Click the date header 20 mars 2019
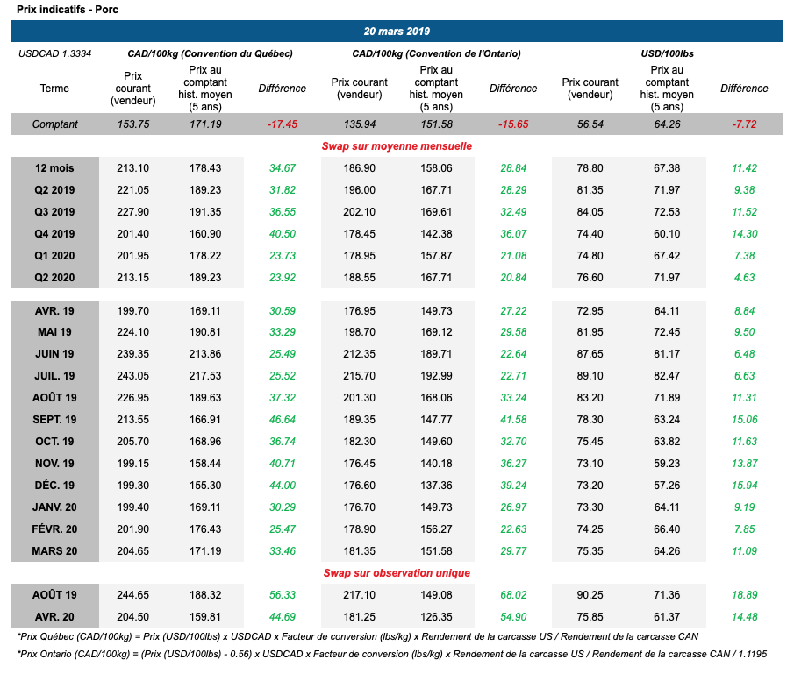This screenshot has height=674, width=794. coord(397,32)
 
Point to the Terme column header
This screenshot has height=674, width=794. coord(54,89)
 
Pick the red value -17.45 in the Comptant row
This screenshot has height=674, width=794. coord(282,124)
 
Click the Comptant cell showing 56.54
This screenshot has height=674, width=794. coord(590,124)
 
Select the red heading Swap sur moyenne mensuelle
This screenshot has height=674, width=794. coord(397,145)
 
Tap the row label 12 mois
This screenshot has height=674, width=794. coord(54,168)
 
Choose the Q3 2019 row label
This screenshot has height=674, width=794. coord(54,212)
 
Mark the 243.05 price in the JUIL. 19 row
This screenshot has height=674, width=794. coord(133,375)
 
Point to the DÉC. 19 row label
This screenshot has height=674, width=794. coord(54,486)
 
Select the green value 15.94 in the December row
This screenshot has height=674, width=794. coord(744,486)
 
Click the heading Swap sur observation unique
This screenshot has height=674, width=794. coord(397,573)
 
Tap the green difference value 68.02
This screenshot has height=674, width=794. coord(513,595)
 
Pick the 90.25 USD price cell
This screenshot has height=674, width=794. coord(590,595)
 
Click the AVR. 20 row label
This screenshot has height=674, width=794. coord(54,615)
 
